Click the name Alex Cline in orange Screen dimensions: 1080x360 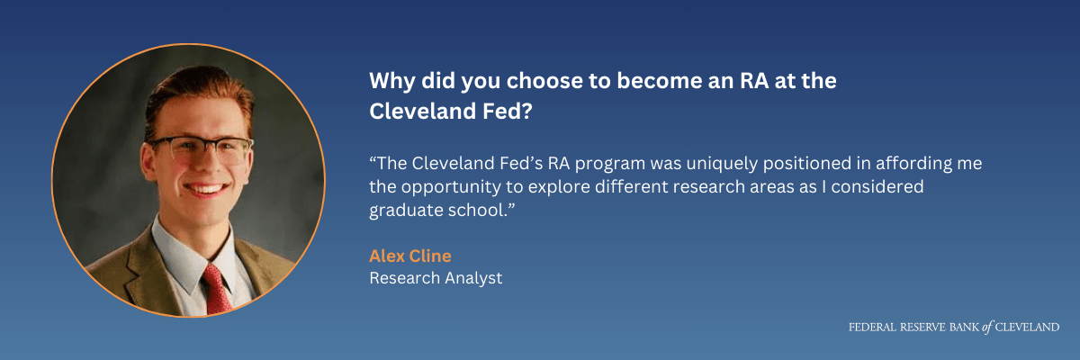pos(410,256)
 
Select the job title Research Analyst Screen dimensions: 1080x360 pos(436,278)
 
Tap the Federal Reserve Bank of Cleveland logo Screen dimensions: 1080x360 pos(954,328)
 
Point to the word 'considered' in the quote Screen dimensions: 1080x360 pos(877,187)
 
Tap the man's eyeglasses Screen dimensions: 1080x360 pos(199,149)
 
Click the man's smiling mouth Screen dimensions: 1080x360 pos(206,188)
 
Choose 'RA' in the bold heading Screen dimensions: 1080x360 pos(754,80)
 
